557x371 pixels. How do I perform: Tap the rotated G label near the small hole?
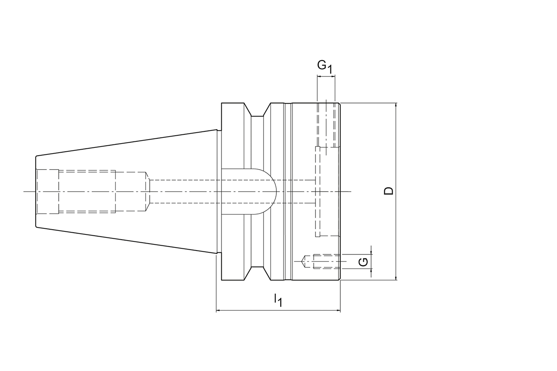[x=363, y=261]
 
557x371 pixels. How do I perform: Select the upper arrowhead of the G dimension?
[x=371, y=252]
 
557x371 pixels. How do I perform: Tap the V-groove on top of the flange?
[x=257, y=111]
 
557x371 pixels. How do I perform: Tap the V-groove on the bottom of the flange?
[x=257, y=272]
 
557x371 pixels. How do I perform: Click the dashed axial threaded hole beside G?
[x=324, y=261]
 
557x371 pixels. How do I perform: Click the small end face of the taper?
[x=36, y=191]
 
